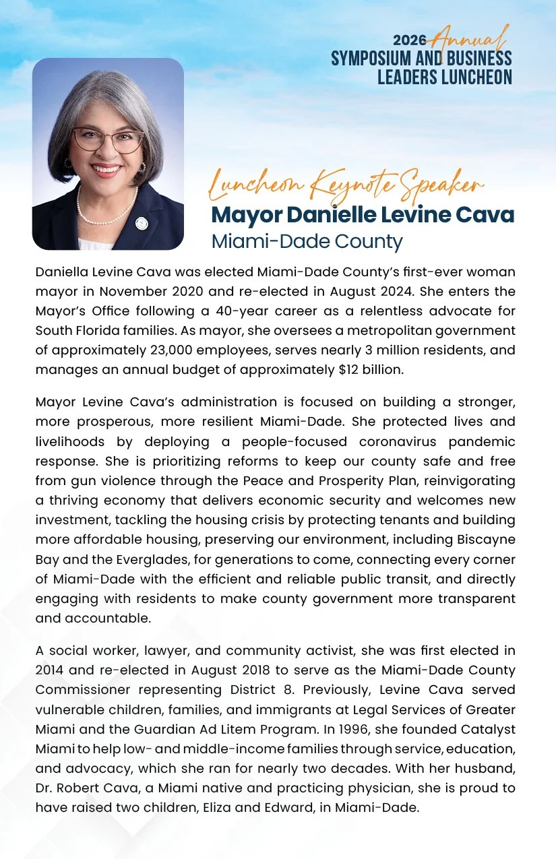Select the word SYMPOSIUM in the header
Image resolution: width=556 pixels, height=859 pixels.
373,59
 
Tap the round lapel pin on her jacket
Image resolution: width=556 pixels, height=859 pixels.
142,222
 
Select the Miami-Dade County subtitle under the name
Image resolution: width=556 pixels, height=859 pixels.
307,241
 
